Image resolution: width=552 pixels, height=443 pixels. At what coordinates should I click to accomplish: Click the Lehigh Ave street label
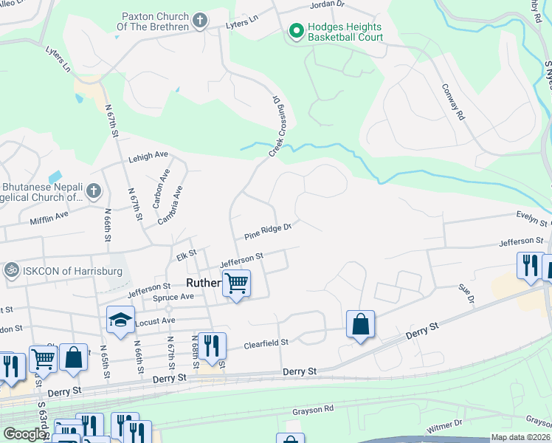pos(149,156)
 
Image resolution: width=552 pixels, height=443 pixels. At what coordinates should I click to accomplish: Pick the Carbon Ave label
pos(162,188)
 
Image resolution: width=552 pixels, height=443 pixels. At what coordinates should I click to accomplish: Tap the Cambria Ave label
pos(170,205)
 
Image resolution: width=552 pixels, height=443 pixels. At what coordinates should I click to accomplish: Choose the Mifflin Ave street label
pos(49,215)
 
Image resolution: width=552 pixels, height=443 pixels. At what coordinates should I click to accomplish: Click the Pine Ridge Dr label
pos(268,232)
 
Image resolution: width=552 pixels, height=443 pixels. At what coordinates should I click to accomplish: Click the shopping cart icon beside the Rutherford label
pos(236,283)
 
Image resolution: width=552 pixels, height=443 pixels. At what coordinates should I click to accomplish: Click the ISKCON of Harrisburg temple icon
pos(11,269)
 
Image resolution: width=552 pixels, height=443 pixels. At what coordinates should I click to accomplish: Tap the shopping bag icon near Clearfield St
pos(360,323)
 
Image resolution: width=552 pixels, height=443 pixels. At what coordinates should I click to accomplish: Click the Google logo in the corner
pos(24,434)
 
